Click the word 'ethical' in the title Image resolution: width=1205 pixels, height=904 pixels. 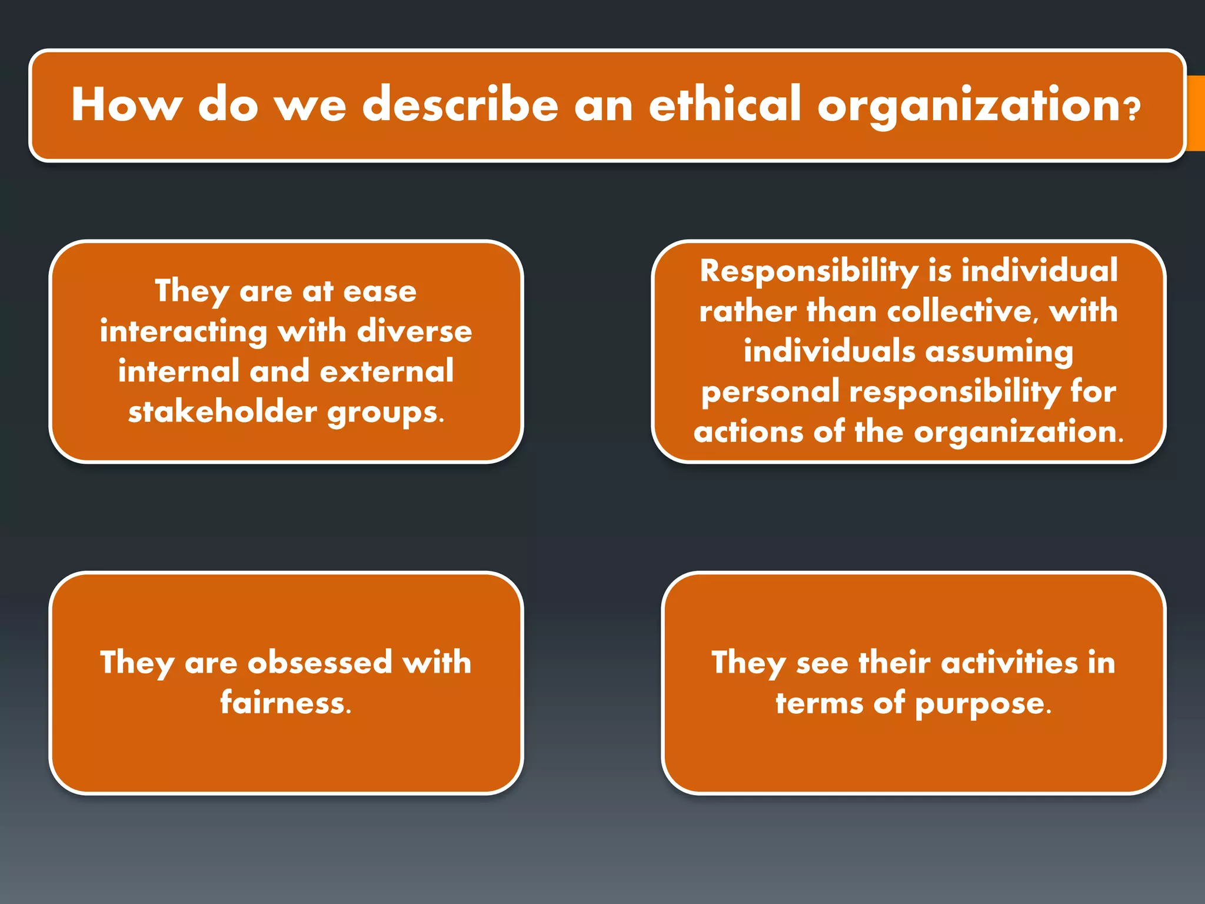pos(725,104)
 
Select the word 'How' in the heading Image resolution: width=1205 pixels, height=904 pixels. pos(126,104)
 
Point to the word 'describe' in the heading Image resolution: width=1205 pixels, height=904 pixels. pos(460,104)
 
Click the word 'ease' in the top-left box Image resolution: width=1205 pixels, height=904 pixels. pos(380,291)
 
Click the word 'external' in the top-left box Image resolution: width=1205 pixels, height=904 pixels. pos(387,371)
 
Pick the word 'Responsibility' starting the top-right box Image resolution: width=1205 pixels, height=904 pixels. pos(809,272)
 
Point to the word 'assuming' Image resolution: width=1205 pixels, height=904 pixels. pos(999,353)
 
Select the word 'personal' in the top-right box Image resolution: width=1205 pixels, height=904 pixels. pos(770,391)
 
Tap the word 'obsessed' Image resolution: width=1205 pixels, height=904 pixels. pos(320,663)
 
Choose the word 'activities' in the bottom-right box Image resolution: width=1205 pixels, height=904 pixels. pos(1009,663)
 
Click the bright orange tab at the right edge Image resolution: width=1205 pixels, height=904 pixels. pos(1196,113)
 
